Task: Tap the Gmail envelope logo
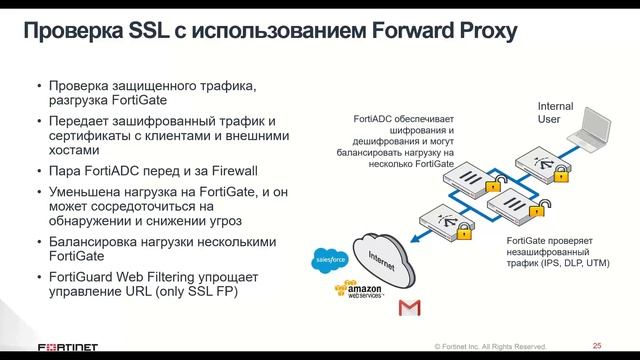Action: pyautogui.click(x=406, y=306)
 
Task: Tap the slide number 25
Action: pyautogui.click(x=597, y=341)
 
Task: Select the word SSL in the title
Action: pyautogui.click(x=153, y=32)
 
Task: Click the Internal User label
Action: pyautogui.click(x=555, y=112)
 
